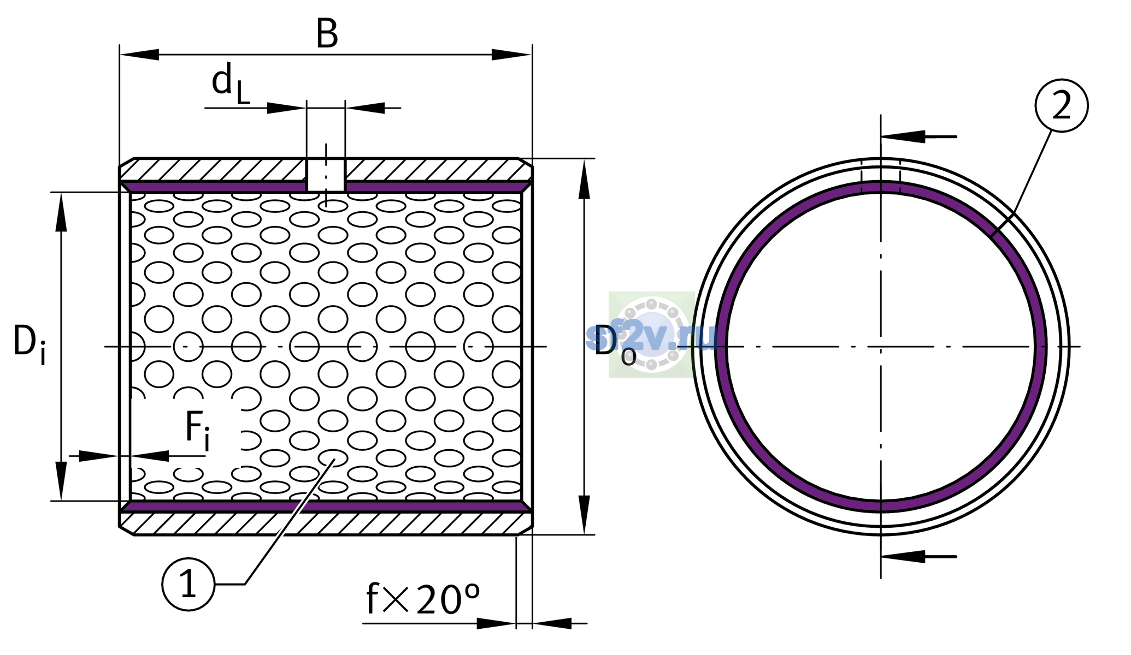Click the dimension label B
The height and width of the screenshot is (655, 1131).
click(327, 34)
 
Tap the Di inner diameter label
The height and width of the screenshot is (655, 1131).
click(30, 344)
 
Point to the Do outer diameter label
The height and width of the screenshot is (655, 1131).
click(615, 344)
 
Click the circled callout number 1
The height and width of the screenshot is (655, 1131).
click(188, 585)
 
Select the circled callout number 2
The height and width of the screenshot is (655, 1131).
click(1062, 105)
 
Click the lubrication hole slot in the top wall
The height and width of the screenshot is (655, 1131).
click(326, 175)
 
